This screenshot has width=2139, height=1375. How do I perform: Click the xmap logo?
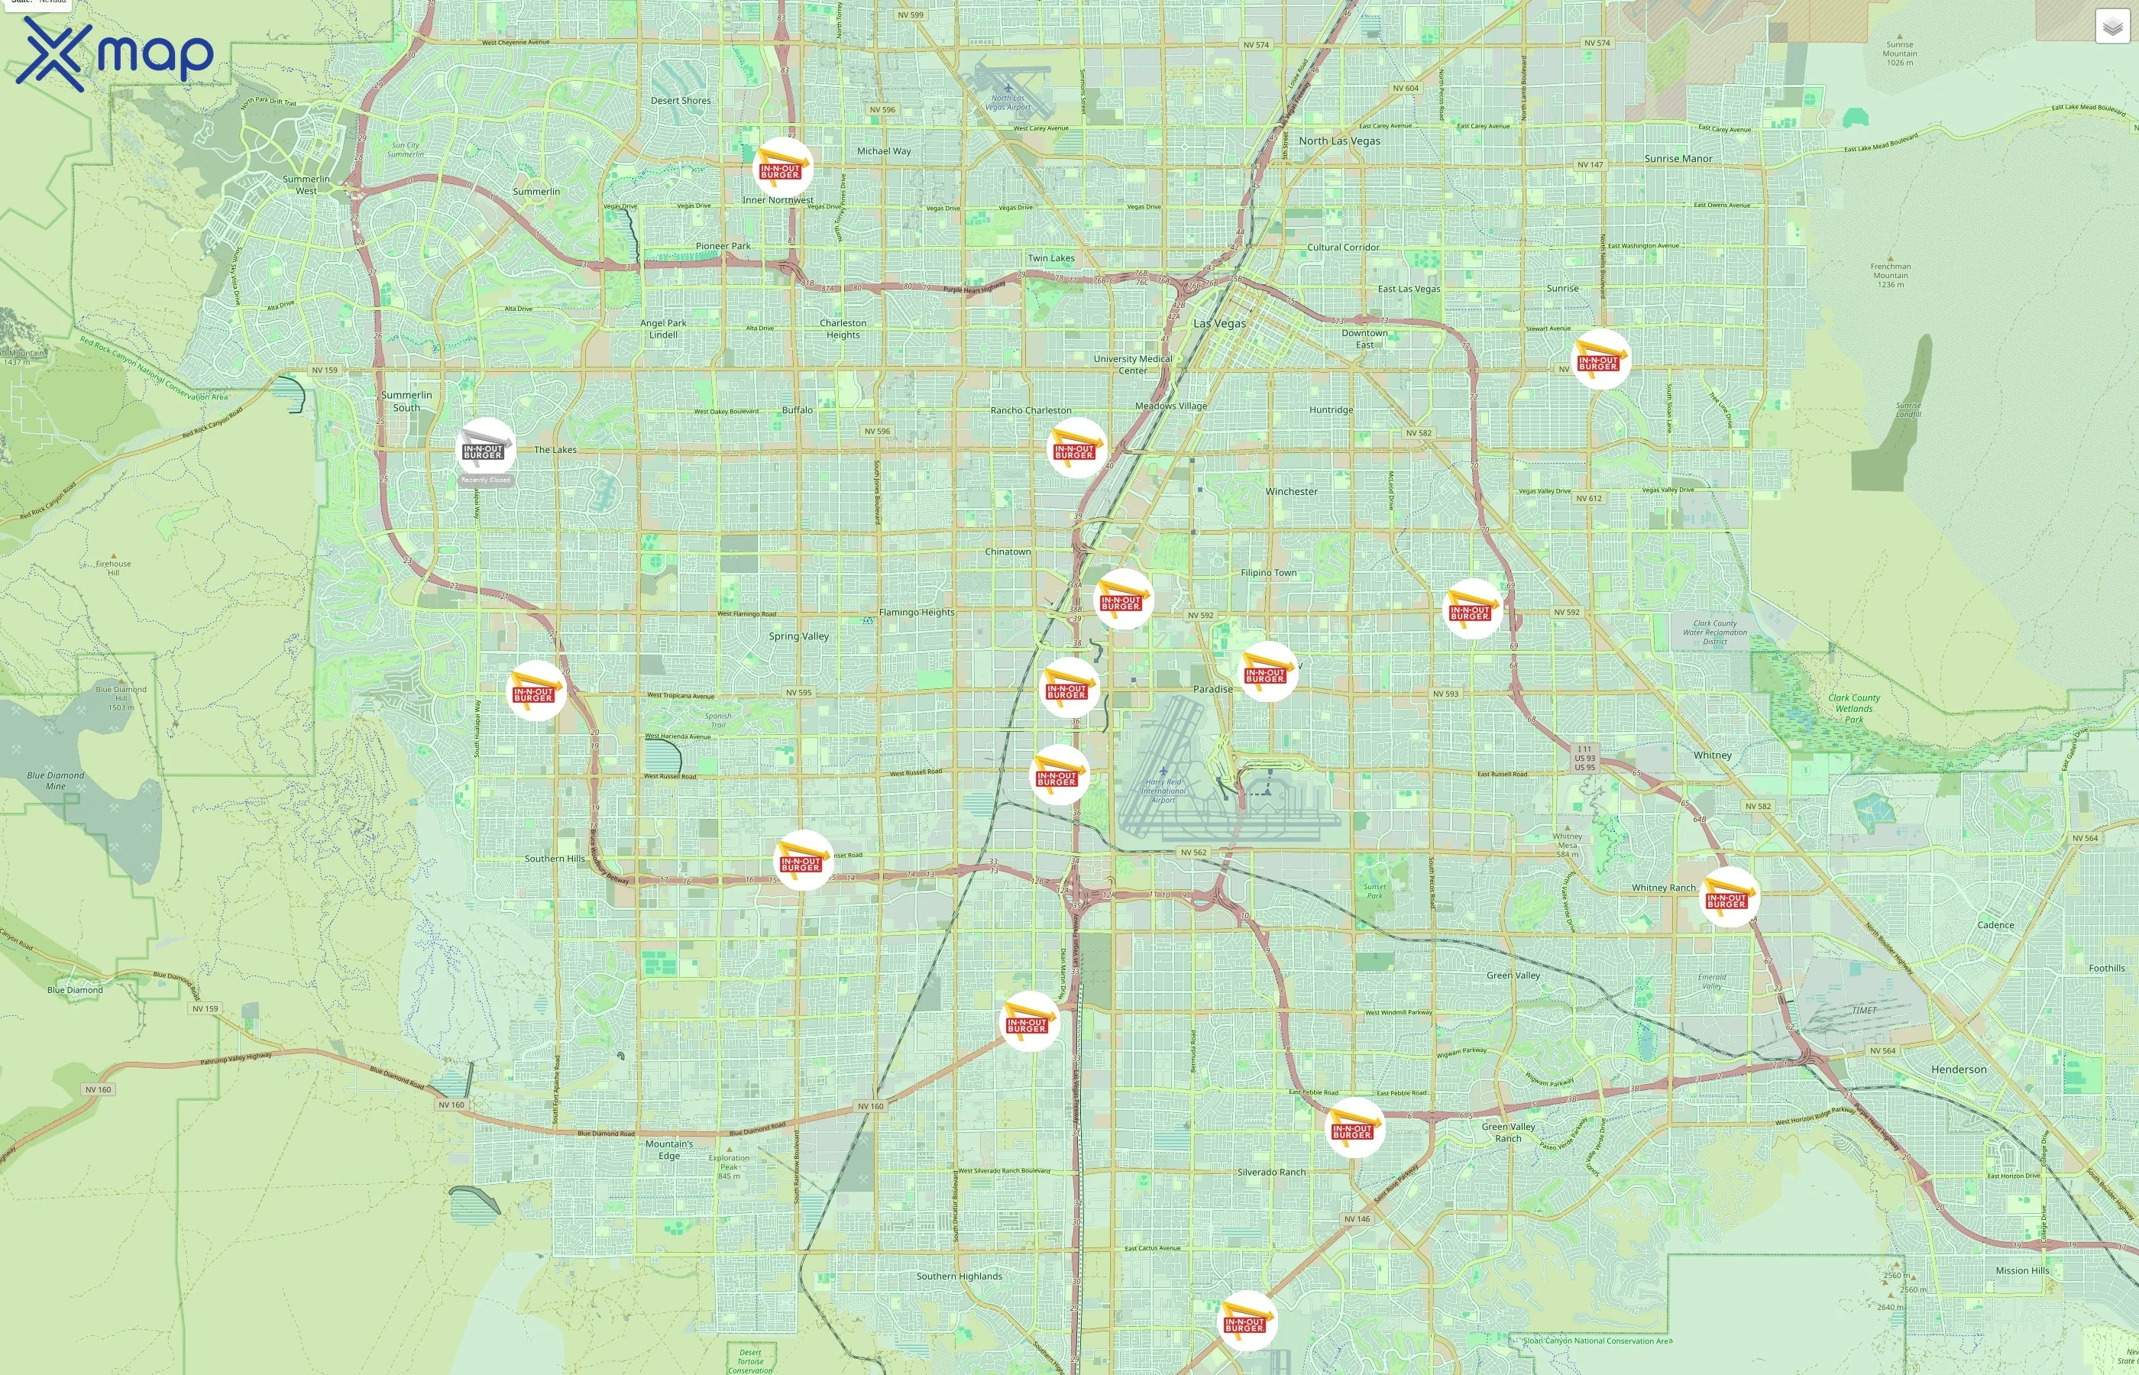click(115, 53)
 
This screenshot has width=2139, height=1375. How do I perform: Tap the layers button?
click(2111, 27)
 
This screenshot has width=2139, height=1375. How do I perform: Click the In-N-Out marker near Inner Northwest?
click(782, 167)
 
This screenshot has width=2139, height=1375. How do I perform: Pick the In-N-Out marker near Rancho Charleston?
click(1076, 448)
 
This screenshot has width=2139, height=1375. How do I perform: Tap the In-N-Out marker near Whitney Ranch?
click(1728, 897)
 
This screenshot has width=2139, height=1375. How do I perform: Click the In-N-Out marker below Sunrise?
click(1600, 359)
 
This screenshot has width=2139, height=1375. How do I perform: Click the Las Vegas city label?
click(1218, 323)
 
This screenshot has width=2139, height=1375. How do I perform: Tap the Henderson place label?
click(1958, 1069)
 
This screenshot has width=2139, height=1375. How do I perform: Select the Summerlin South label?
click(406, 401)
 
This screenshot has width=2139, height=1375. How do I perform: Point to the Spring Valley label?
click(798, 636)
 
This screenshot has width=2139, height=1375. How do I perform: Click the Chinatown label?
click(1007, 552)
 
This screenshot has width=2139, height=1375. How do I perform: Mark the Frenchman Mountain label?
click(1890, 275)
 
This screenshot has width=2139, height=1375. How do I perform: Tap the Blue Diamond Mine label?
click(55, 781)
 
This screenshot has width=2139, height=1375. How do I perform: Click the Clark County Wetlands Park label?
click(1853, 708)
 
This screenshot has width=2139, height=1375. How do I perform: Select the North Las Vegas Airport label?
click(1007, 102)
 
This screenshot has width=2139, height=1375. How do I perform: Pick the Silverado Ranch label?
click(1270, 1173)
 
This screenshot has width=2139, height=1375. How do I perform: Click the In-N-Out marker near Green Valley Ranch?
click(1354, 1127)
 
